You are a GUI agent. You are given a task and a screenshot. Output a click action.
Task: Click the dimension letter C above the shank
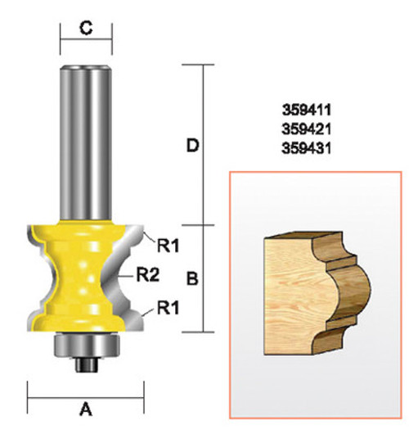85,28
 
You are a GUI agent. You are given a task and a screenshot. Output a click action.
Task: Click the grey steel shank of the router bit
85,139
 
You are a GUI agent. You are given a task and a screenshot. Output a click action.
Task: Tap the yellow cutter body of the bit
82,278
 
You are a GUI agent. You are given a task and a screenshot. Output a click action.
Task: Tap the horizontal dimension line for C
85,40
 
